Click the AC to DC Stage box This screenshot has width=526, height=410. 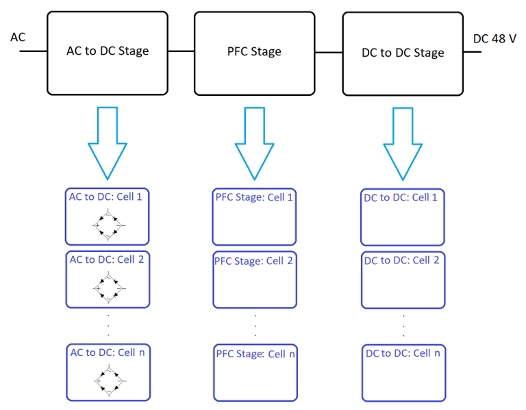108,52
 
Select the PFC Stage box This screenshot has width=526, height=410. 254,52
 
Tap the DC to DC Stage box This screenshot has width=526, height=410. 403,53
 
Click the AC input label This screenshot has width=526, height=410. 18,37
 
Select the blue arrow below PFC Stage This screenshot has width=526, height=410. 254,142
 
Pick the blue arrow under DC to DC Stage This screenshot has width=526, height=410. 403,142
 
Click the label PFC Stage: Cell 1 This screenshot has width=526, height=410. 255,198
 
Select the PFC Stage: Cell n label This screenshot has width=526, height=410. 255,353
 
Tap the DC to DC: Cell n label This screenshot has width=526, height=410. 403,353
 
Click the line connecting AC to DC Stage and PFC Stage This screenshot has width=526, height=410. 181,51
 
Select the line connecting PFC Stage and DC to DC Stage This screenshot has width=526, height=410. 328,51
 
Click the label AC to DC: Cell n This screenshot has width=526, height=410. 108,353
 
